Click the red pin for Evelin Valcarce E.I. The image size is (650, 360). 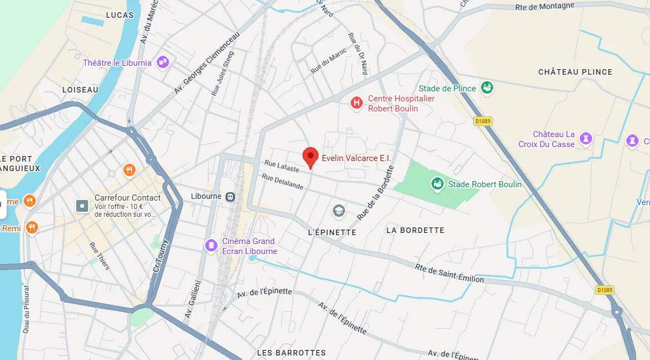(310, 157)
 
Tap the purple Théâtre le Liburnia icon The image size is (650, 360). (163, 62)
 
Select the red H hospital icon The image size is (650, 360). (356, 103)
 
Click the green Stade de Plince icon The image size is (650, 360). (487, 88)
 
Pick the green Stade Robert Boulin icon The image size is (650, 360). (437, 184)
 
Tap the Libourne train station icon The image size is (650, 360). (230, 196)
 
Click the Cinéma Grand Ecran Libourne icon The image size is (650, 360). (211, 245)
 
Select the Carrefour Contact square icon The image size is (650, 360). (82, 206)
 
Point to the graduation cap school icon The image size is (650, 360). (339, 211)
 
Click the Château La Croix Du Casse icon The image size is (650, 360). (585, 138)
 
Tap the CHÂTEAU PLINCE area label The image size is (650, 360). (575, 72)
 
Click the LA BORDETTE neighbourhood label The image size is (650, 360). (415, 230)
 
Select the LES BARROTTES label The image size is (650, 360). (291, 353)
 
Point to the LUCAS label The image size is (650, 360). (120, 15)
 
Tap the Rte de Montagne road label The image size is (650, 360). (545, 7)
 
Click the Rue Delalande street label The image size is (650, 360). (282, 182)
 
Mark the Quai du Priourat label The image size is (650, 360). (26, 310)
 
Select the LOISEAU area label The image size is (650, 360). (80, 90)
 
